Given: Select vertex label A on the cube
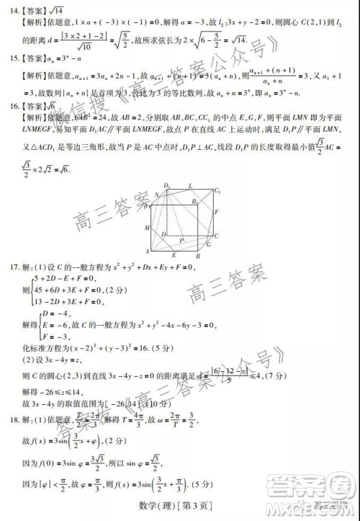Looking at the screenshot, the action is pos(147,251).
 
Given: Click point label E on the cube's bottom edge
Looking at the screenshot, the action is pos(175,254).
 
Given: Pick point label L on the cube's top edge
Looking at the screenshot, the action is pos(190,186).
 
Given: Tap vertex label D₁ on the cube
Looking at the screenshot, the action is pos(167,185).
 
